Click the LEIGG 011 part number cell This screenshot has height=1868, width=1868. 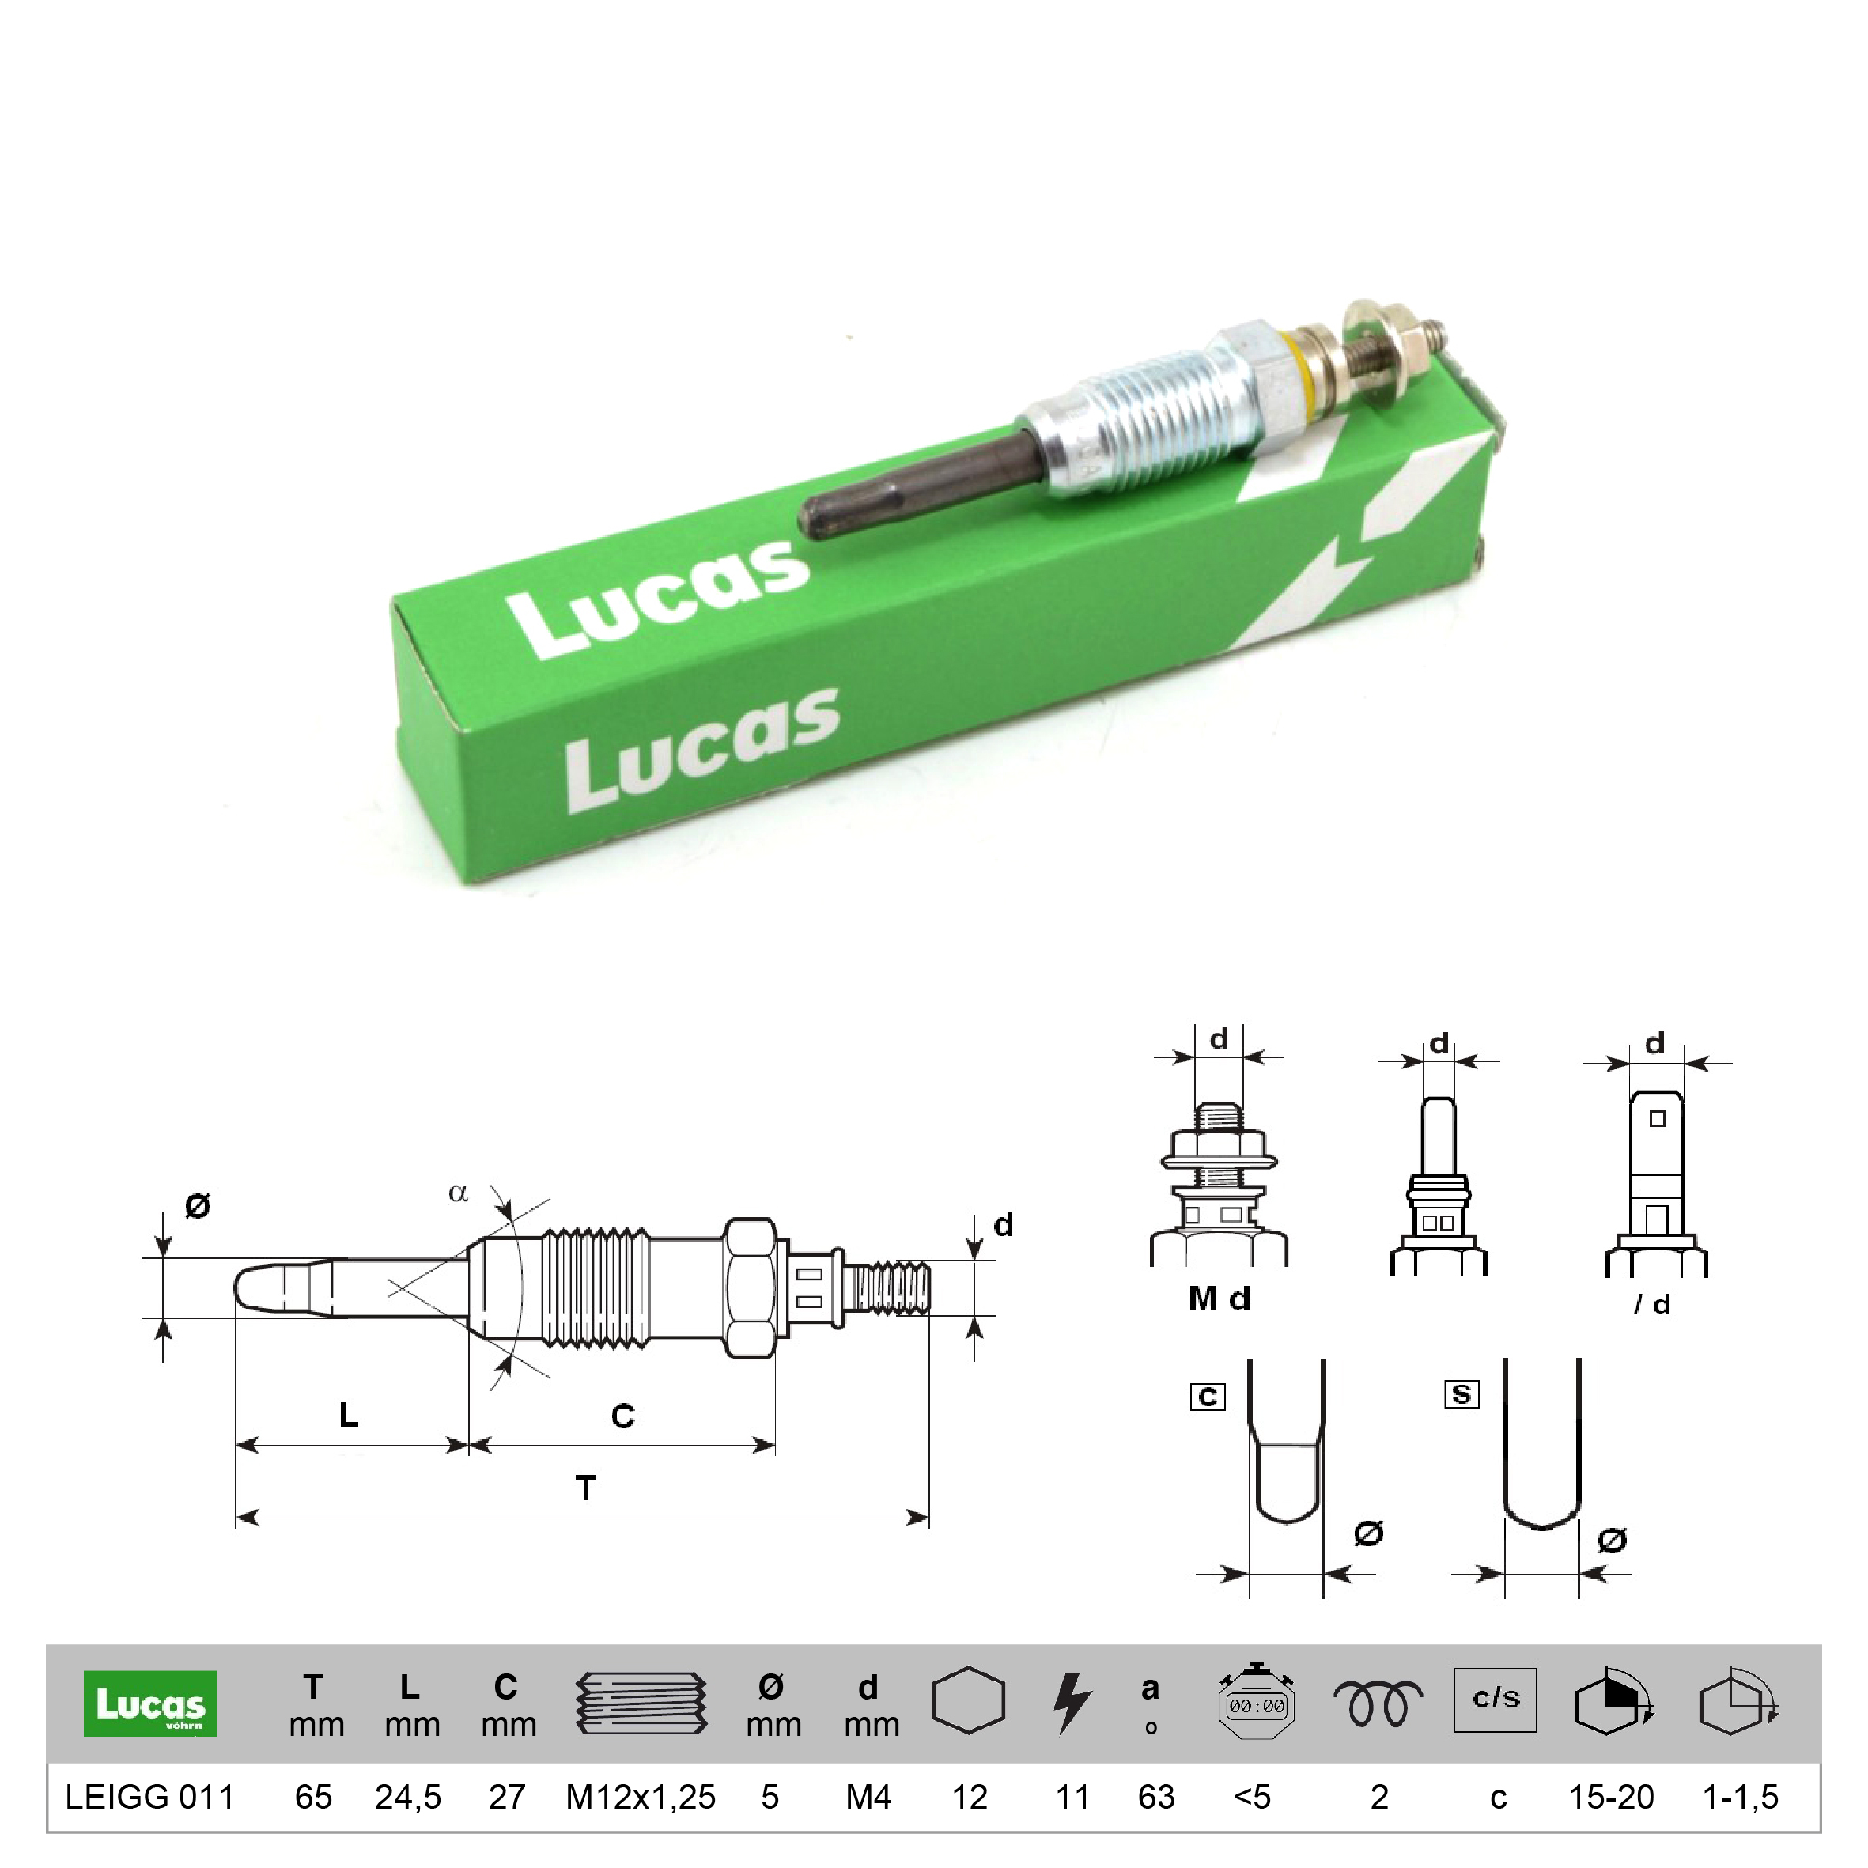point(149,1797)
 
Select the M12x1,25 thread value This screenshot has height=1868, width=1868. point(640,1798)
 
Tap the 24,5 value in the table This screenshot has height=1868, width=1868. point(408,1798)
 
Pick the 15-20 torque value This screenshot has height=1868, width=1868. point(1611,1797)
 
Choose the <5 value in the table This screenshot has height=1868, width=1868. point(1252,1797)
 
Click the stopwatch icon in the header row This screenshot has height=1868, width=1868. point(1256,1703)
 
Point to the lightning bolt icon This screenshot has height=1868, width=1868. point(1072,1704)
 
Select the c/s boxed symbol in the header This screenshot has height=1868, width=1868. point(1495,1699)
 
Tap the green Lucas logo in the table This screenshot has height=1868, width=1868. point(149,1704)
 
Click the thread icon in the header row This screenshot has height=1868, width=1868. point(641,1703)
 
